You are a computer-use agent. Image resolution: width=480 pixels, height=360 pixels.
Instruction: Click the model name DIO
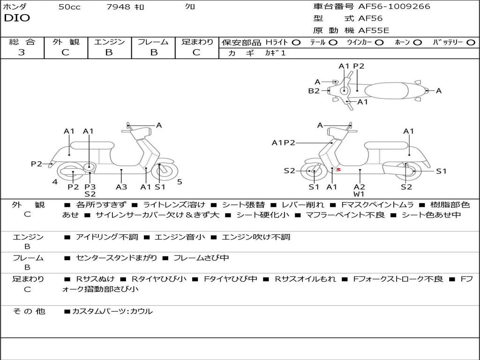(17, 18)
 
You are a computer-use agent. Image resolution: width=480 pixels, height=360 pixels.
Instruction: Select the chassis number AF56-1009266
(394, 6)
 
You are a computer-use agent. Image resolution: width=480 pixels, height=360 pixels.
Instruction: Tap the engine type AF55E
(374, 30)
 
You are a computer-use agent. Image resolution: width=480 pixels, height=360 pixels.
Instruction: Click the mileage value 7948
(119, 7)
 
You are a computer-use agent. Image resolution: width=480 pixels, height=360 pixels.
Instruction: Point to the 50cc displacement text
(69, 7)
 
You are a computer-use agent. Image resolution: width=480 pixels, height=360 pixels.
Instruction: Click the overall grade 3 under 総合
(22, 52)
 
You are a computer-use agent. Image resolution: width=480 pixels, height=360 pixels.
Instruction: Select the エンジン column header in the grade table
(109, 42)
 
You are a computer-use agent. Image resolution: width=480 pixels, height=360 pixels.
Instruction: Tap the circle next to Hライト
(296, 43)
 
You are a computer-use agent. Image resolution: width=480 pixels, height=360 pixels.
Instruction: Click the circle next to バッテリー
(471, 43)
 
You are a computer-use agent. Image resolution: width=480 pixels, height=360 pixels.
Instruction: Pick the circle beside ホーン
(417, 43)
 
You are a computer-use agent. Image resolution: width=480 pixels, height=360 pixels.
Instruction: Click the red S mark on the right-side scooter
(338, 169)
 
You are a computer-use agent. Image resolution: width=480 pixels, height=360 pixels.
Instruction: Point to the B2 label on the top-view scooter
(314, 90)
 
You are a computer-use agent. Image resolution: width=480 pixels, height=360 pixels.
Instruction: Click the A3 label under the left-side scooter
(121, 187)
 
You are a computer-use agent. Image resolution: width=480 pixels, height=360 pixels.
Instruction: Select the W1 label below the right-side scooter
(359, 194)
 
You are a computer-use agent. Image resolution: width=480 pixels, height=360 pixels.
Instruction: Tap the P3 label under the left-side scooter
(90, 187)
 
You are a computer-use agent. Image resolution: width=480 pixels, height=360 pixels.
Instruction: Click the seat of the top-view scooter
(387, 91)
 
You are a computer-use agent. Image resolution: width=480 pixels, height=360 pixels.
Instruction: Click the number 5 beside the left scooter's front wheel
(180, 182)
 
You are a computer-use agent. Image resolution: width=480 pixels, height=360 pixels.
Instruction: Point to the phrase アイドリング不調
(107, 237)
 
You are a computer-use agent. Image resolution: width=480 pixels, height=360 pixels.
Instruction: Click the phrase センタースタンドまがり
(116, 258)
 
